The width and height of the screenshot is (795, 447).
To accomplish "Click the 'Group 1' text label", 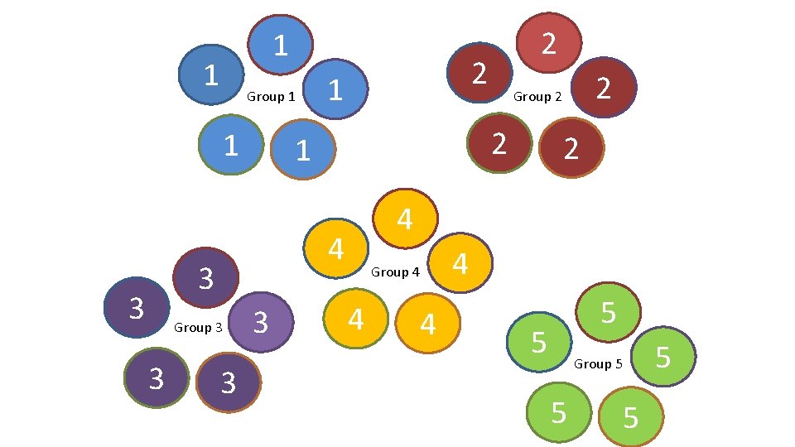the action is (271, 97).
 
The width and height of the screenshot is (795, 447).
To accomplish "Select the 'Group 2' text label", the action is (537, 97).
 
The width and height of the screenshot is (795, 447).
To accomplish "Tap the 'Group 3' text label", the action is (198, 328).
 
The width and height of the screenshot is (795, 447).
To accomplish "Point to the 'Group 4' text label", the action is (395, 272).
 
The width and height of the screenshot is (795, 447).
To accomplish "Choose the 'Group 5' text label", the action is (598, 364).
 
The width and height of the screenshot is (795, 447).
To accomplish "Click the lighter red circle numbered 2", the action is (547, 42).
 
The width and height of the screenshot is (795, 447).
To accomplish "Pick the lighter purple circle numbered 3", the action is (260, 321).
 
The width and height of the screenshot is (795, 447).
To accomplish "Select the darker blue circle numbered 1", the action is (212, 74).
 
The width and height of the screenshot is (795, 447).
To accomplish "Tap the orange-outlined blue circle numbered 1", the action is (303, 150).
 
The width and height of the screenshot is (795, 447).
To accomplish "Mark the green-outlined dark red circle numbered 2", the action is (499, 142).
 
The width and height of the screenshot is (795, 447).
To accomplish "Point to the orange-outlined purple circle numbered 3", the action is (229, 382).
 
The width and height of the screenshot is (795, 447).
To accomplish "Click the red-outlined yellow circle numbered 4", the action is (405, 219).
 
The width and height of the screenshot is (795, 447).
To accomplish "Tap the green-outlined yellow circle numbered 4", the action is (356, 318).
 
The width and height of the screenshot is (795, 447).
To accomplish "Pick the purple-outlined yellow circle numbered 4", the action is (460, 264).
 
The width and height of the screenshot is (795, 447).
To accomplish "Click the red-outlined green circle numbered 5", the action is (609, 312).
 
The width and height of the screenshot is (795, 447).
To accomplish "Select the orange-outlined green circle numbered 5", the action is (631, 416).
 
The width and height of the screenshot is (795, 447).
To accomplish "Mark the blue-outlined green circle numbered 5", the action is (539, 340).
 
